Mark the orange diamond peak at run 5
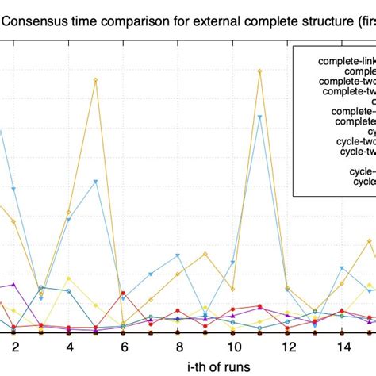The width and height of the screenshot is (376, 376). (96, 79)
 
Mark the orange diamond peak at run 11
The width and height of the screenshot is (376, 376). (260, 71)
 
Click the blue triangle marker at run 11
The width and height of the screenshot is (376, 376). (260, 117)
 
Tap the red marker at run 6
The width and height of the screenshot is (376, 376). (124, 293)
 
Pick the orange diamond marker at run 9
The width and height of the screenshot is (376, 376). (205, 254)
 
